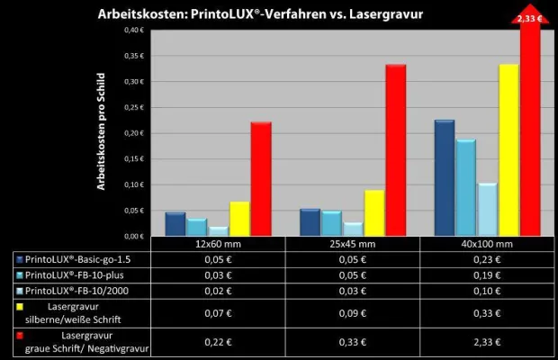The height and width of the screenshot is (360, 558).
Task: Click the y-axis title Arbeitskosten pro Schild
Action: (103, 132)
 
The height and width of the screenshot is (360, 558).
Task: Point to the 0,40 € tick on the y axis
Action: (132, 30)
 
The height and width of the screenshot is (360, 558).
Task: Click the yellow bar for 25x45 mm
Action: (373, 212)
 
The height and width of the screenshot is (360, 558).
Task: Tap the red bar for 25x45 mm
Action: (396, 149)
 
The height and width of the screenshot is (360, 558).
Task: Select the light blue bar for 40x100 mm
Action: (487, 209)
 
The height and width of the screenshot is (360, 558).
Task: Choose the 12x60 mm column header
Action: (218, 244)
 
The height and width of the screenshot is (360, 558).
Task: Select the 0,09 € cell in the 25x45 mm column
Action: (354, 314)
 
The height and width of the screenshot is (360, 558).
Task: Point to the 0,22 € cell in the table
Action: (218, 343)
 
